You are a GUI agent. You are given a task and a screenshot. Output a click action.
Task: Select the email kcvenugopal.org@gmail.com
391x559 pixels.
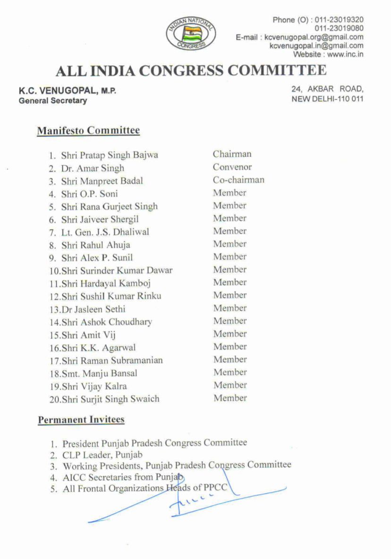click(x=314, y=37)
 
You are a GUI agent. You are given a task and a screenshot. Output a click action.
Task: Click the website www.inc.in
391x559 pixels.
click(x=345, y=54)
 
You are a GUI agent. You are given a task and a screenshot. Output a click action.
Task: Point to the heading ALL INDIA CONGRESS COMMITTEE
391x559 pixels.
click(x=191, y=71)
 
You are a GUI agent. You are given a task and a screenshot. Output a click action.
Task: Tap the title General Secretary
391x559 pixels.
click(x=53, y=101)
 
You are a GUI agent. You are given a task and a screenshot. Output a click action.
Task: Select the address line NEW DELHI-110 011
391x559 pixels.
click(x=328, y=99)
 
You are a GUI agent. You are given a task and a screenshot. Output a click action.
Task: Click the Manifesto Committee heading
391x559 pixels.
click(x=88, y=130)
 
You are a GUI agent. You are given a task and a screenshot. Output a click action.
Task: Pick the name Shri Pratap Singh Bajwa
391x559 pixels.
click(x=110, y=155)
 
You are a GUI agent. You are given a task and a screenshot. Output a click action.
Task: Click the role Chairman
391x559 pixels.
click(x=232, y=154)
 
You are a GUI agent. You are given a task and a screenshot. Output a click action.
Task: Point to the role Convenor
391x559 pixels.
click(x=232, y=167)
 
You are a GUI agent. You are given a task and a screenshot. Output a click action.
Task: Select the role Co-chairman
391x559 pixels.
click(x=238, y=179)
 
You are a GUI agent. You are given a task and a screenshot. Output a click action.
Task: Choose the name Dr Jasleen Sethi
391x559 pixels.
click(x=93, y=309)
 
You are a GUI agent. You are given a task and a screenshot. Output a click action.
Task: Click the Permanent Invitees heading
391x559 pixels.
click(x=81, y=419)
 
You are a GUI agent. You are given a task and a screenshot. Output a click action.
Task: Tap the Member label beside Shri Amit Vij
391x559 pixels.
click(x=229, y=334)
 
